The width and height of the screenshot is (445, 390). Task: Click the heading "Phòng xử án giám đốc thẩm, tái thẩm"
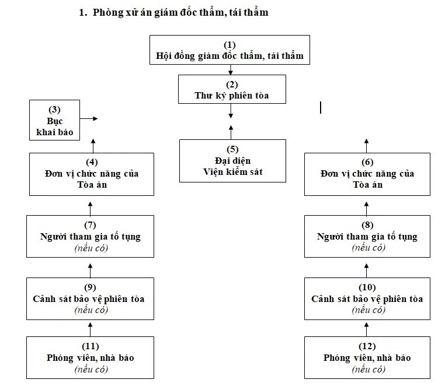180,12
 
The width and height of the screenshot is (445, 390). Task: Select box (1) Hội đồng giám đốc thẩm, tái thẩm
230,51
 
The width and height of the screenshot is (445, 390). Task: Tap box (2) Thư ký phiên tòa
232,89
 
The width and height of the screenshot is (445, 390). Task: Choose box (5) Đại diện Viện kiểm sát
232,160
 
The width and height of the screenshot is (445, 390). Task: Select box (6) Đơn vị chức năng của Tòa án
367,174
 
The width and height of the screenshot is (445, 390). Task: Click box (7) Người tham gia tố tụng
90,236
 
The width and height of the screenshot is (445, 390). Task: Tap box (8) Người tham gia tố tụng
367,236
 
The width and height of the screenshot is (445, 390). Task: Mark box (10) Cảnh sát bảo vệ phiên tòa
367,298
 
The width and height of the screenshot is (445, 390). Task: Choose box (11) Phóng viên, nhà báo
90,357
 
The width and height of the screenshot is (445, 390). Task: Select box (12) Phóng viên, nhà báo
367,357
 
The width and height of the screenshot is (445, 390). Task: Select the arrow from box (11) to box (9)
91,328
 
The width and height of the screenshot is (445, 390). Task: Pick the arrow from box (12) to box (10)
367,328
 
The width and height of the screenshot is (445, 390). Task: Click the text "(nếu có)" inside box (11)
91,369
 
